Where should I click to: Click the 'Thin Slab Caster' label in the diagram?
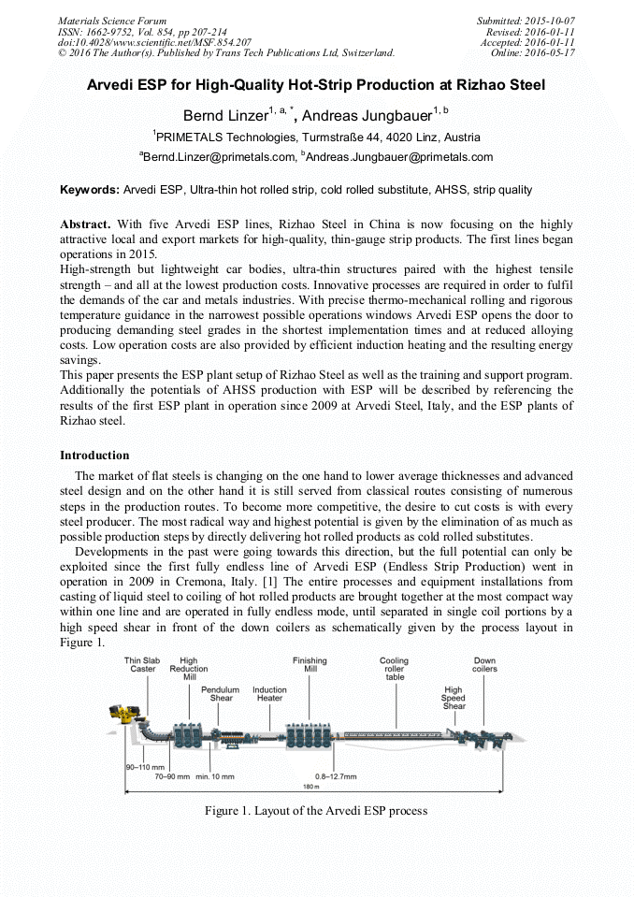[143, 665]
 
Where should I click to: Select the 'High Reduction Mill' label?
[189, 669]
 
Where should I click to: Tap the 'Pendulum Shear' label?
[221, 693]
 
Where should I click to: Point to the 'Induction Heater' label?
[269, 693]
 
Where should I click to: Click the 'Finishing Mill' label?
[310, 665]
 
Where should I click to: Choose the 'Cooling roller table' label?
[394, 669]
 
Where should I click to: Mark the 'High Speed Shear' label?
[454, 698]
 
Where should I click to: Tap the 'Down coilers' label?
[484, 665]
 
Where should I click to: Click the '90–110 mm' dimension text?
[145, 766]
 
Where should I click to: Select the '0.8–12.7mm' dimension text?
[336, 776]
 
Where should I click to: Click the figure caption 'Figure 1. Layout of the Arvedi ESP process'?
[316, 810]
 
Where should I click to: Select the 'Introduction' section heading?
[94, 456]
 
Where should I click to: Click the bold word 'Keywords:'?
[90, 190]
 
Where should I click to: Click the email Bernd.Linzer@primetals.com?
[218, 156]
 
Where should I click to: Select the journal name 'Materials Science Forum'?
[112, 21]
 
